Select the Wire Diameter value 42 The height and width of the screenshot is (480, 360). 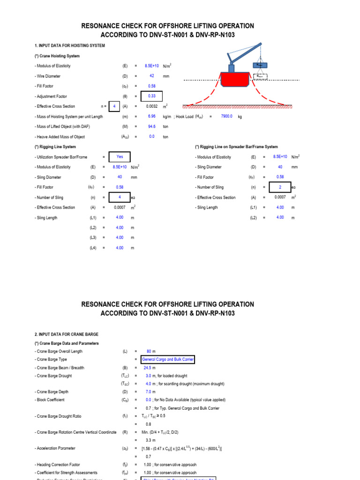pyautogui.click(x=152, y=76)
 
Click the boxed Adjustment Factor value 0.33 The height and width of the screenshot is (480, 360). pyautogui.click(x=152, y=96)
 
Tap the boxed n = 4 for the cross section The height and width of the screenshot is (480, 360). pyautogui.click(x=113, y=106)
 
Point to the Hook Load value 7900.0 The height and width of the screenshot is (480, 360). pyautogui.click(x=228, y=116)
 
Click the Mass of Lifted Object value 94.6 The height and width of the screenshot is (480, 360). pyautogui.click(x=152, y=127)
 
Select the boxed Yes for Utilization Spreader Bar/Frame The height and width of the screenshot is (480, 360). pyautogui.click(x=120, y=157)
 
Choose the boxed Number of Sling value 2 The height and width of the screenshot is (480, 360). pyautogui.click(x=280, y=187)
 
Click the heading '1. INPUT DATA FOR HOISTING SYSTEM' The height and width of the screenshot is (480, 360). pyautogui.click(x=70, y=45)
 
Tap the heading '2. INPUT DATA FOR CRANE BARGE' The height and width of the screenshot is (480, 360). pyautogui.click(x=66, y=334)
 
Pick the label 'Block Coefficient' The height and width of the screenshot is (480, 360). pyautogui.click(x=49, y=400)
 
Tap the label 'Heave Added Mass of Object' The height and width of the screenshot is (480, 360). pyautogui.click(x=60, y=137)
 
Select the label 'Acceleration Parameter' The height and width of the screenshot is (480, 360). pyautogui.click(x=54, y=449)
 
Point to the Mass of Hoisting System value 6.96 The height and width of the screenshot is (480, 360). pyautogui.click(x=152, y=116)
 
